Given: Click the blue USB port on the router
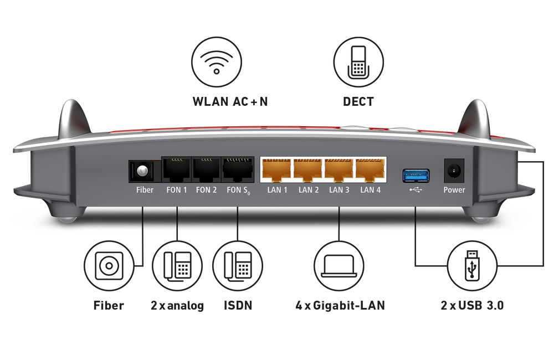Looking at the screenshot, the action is click(416, 176).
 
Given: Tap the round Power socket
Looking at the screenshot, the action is click(454, 171).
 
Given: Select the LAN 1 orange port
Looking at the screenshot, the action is click(276, 169).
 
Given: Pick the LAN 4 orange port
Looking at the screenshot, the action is click(370, 169).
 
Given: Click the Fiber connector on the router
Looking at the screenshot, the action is click(142, 171).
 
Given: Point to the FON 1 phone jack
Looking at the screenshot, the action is click(177, 169).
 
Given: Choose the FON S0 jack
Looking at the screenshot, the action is click(238, 169).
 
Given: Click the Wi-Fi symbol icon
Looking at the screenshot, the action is click(217, 62).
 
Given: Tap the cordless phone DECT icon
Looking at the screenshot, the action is click(358, 62).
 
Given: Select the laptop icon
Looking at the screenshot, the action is click(339, 266).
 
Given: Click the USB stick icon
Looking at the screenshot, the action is click(472, 266).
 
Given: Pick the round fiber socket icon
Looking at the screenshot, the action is click(109, 266).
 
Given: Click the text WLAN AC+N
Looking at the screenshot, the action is click(230, 102).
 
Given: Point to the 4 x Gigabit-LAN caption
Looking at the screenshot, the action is click(340, 305).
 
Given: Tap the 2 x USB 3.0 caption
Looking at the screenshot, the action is click(472, 305).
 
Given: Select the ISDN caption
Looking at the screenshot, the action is click(238, 305).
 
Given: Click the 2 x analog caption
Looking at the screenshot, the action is click(177, 306).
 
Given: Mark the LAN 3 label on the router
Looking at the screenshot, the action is click(339, 190).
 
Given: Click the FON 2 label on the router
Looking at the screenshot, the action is click(206, 190).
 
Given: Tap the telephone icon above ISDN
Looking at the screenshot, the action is click(238, 266).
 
